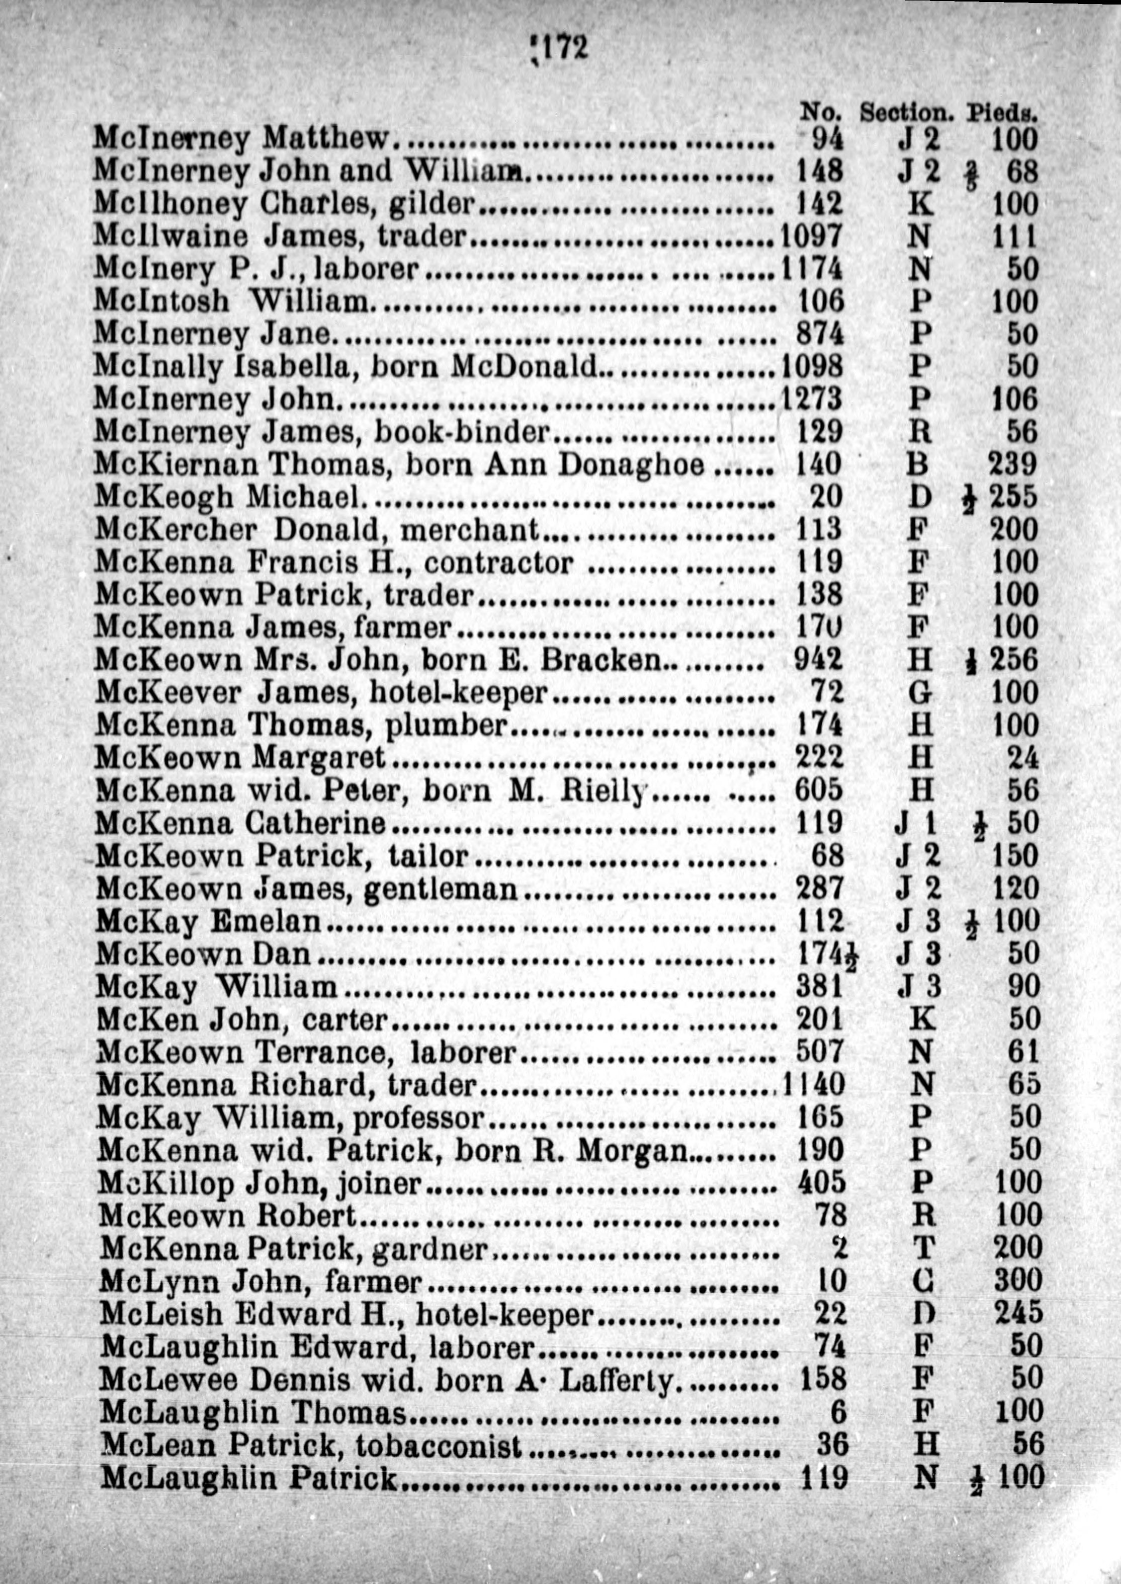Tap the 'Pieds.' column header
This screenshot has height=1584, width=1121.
click(1002, 112)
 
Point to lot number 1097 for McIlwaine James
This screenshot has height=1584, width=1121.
click(812, 236)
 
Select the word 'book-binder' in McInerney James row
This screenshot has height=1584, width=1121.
click(462, 432)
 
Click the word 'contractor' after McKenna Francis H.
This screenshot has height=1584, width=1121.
click(498, 563)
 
